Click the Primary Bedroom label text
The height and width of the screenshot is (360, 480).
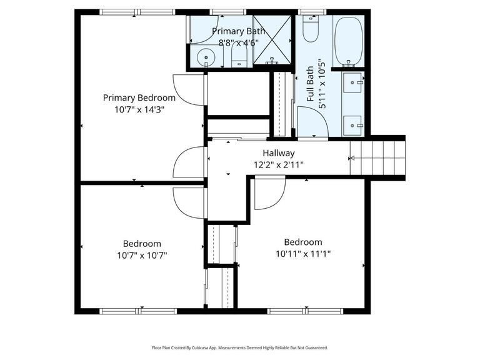coord(139,97)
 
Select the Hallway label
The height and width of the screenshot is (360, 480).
coord(278,153)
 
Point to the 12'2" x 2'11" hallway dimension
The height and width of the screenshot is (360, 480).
coord(278,164)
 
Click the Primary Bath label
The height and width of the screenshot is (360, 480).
coord(238,31)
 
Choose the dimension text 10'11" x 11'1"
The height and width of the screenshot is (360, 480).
coord(302,254)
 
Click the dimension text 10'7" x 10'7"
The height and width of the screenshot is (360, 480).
coord(141,255)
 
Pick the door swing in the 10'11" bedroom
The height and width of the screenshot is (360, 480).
coord(267,194)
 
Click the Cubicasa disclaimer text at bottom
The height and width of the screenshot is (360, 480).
coord(240,347)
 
